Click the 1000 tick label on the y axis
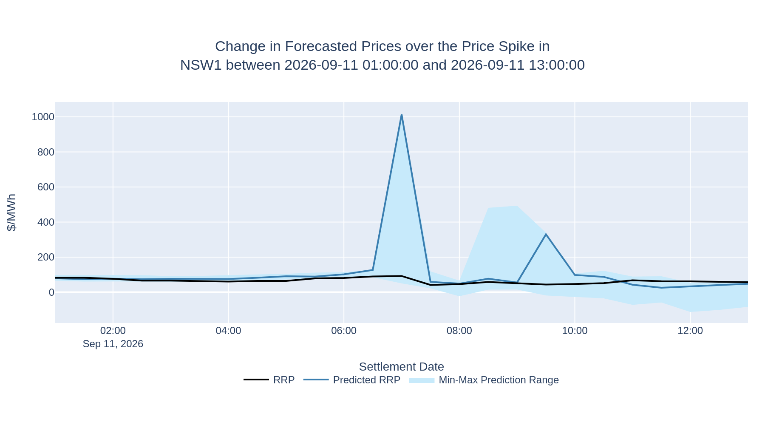(x=43, y=117)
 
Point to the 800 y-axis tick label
(x=46, y=152)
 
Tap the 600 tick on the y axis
(x=46, y=187)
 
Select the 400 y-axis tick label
(x=46, y=222)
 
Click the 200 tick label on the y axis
(x=46, y=257)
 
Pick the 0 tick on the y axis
(x=51, y=292)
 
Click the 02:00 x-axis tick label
(x=113, y=331)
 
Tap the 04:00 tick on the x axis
(x=228, y=331)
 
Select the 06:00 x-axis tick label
(x=344, y=331)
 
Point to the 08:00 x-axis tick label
(x=459, y=331)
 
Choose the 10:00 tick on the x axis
(x=575, y=331)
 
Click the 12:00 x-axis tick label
(x=690, y=331)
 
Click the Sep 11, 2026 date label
(x=113, y=344)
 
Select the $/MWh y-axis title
(x=12, y=212)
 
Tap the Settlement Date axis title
(x=402, y=367)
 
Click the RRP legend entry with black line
(x=269, y=380)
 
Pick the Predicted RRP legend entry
(x=352, y=380)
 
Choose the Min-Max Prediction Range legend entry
(x=484, y=380)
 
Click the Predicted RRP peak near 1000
(x=402, y=115)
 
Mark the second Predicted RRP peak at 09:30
(x=546, y=234)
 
